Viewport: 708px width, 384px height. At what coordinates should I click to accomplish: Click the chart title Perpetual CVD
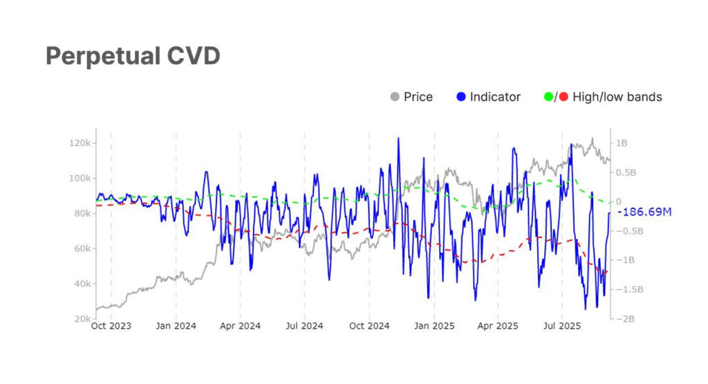point(133,57)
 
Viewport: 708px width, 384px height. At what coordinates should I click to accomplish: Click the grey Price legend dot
point(395,97)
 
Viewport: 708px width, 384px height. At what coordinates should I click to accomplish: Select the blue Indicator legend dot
point(461,97)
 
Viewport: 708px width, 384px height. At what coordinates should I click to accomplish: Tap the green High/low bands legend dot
point(549,97)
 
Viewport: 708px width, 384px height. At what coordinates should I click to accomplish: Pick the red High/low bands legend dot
point(564,97)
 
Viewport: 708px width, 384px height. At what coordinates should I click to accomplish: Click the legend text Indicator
point(495,97)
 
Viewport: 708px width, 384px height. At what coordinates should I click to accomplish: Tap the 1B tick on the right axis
point(621,143)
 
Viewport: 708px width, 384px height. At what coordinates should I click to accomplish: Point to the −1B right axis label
point(621,260)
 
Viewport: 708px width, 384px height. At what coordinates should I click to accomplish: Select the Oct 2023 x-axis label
point(111,326)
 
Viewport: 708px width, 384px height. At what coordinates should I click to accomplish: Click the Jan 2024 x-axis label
point(176,326)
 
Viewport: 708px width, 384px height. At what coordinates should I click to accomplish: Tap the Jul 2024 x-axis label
point(304,326)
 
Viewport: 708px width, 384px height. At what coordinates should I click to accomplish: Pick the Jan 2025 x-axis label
point(434,326)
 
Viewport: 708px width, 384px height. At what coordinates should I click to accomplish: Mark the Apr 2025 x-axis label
point(498,326)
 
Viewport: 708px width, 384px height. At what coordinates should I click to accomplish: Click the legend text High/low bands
point(617,97)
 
